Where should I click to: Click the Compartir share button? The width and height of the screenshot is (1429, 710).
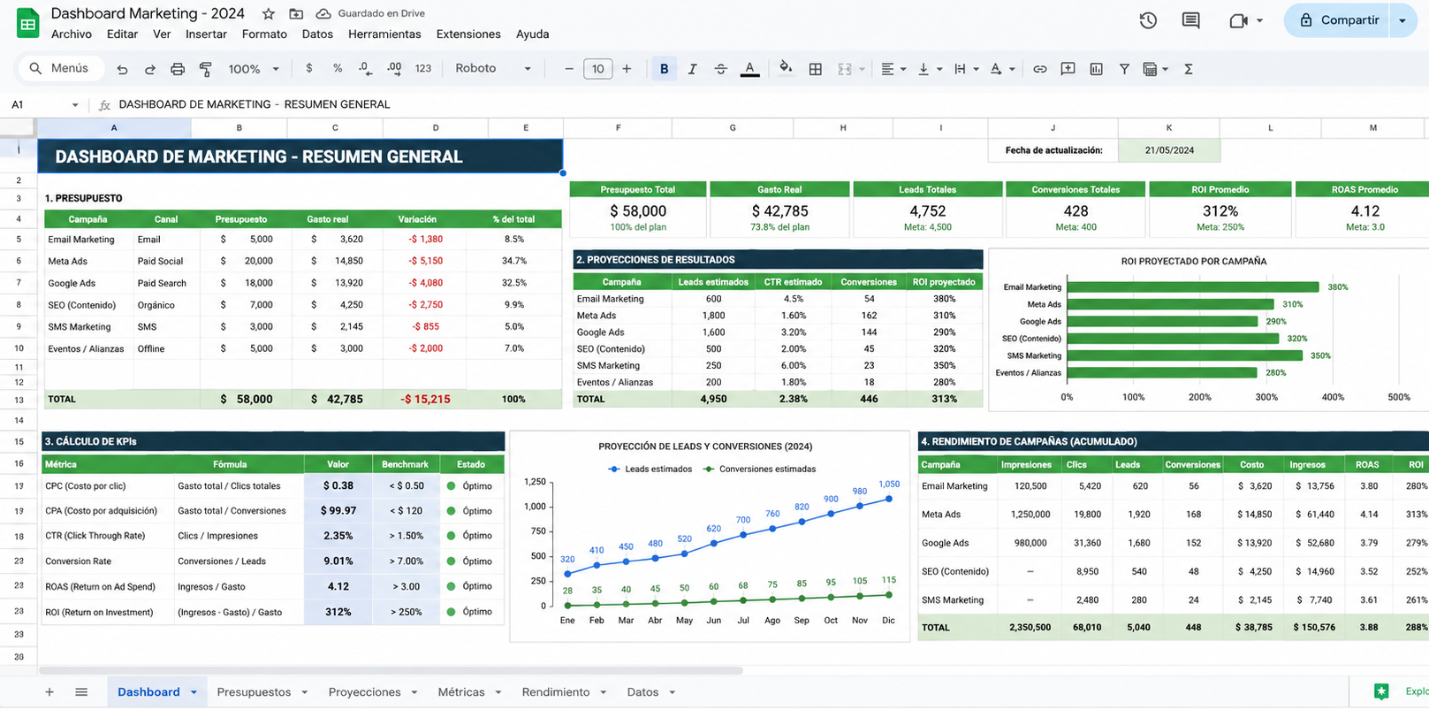point(1338,20)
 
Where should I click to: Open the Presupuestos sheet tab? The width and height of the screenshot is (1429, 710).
point(254,692)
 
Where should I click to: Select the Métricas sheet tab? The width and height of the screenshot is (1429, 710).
point(461,692)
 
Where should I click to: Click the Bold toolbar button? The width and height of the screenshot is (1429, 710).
point(664,69)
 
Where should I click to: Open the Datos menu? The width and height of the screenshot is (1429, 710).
point(317,34)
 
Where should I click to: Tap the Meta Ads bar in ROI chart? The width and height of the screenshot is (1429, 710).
point(1170,304)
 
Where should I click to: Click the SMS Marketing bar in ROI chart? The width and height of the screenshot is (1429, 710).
point(1185,355)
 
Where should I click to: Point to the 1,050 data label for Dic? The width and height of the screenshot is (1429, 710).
point(889,484)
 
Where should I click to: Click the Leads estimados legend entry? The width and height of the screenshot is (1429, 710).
point(650,469)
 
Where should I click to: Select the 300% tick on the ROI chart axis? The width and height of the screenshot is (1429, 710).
point(1266,397)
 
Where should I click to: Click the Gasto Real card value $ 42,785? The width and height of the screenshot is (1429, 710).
point(779,210)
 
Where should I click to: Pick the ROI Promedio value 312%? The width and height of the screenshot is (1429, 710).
point(1220,210)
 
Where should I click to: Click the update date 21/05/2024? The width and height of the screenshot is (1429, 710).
point(1169,150)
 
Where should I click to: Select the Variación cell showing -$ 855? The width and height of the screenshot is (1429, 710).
point(425,326)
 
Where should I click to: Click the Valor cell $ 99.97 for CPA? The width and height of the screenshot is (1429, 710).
point(338,511)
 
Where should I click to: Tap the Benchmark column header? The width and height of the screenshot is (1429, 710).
point(405,464)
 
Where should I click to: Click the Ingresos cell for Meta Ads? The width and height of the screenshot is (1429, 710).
point(1315,514)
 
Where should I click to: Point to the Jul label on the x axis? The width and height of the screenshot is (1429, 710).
point(743,620)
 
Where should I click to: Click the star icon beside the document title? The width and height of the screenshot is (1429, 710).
point(269,13)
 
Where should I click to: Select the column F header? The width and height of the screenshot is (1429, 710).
point(618,127)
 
